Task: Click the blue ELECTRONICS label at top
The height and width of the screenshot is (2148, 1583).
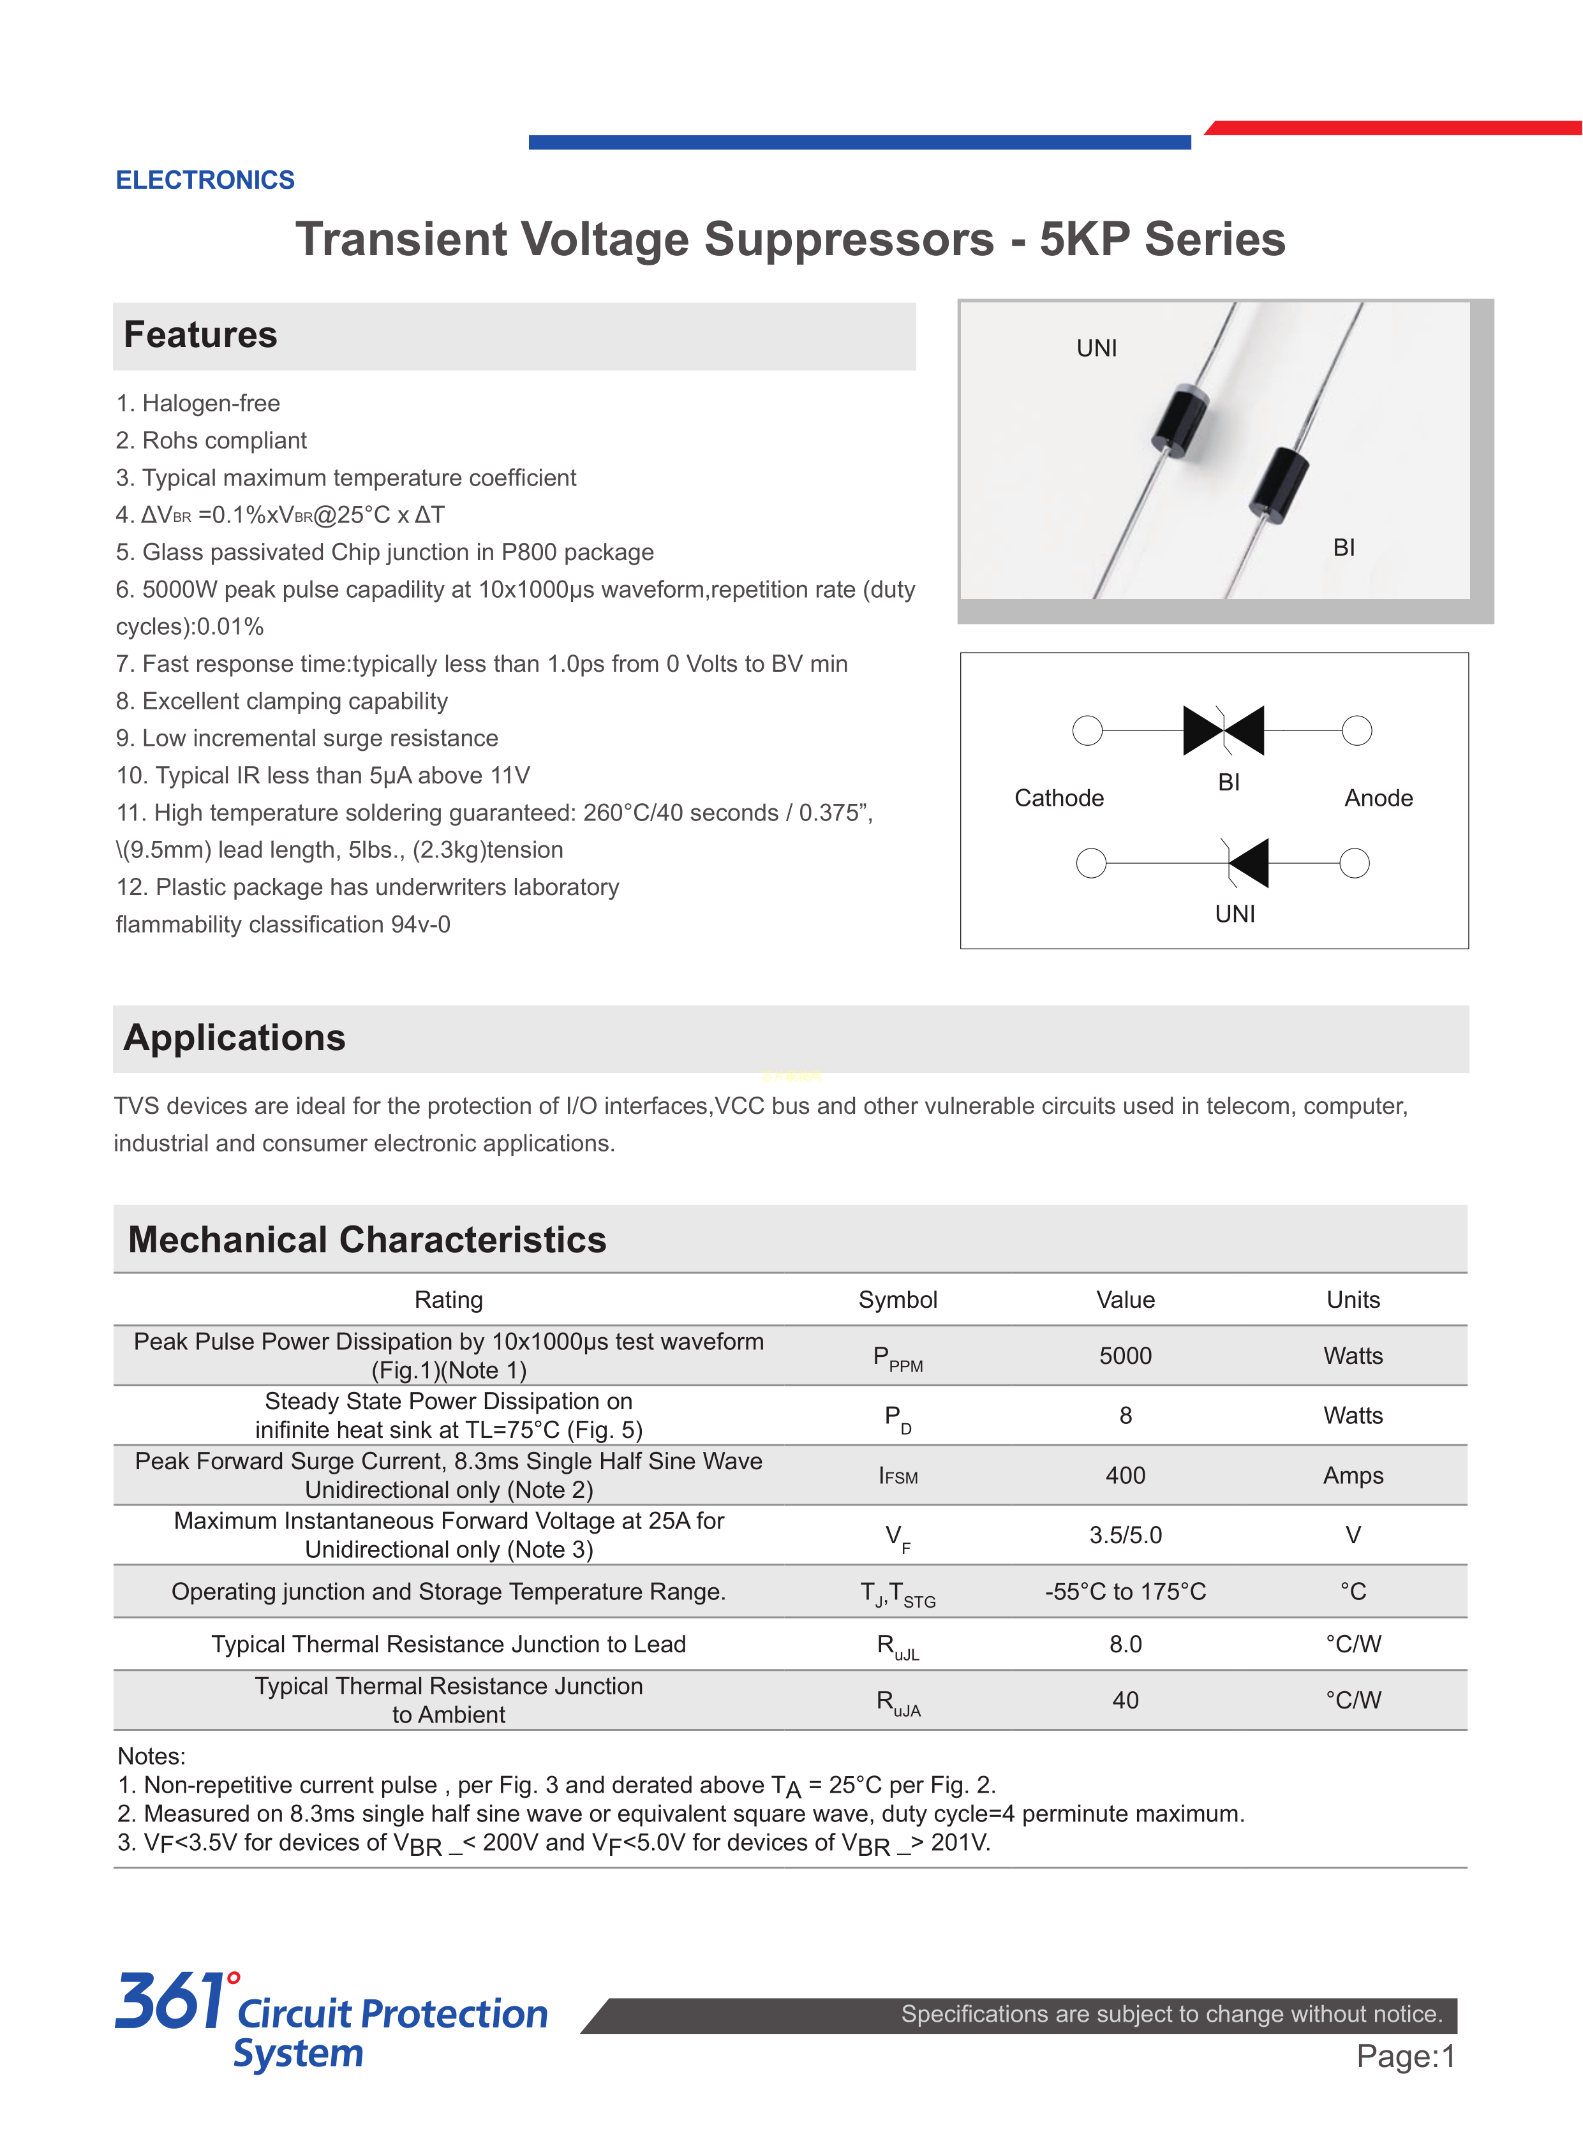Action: pos(205,180)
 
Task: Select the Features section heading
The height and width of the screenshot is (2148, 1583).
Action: pos(200,336)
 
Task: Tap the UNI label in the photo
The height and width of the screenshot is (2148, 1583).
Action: pos(1096,349)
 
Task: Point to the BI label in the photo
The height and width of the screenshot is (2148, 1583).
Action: pos(1344,548)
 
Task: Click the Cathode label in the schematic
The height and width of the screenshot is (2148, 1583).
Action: pos(1059,798)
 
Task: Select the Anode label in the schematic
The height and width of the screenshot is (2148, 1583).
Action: pos(1378,798)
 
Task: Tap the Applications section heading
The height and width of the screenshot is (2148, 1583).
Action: pos(235,1039)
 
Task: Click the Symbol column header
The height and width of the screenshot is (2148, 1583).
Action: pos(897,1300)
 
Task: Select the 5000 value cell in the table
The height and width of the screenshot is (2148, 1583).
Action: pos(1125,1356)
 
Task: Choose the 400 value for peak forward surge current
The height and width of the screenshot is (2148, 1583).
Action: pos(1125,1476)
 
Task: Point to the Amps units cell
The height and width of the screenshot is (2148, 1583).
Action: pos(1353,1476)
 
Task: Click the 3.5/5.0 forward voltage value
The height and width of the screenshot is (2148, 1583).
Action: pos(1125,1536)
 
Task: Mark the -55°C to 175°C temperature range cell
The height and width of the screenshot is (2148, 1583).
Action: pos(1125,1591)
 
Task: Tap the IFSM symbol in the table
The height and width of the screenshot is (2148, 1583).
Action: pos(898,1476)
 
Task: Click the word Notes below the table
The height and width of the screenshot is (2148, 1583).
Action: pos(151,1756)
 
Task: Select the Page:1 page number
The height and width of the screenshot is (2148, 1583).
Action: pos(1405,2056)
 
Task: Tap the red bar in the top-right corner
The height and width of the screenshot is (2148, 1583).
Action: pos(1394,128)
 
